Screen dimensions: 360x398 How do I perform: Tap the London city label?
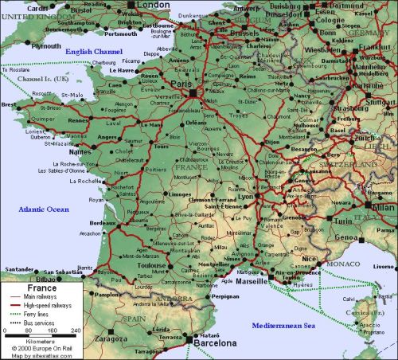(154, 6)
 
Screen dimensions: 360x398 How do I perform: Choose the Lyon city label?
(246, 196)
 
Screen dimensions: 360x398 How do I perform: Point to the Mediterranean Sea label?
(283, 327)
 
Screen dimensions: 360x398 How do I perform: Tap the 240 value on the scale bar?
(76, 330)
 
